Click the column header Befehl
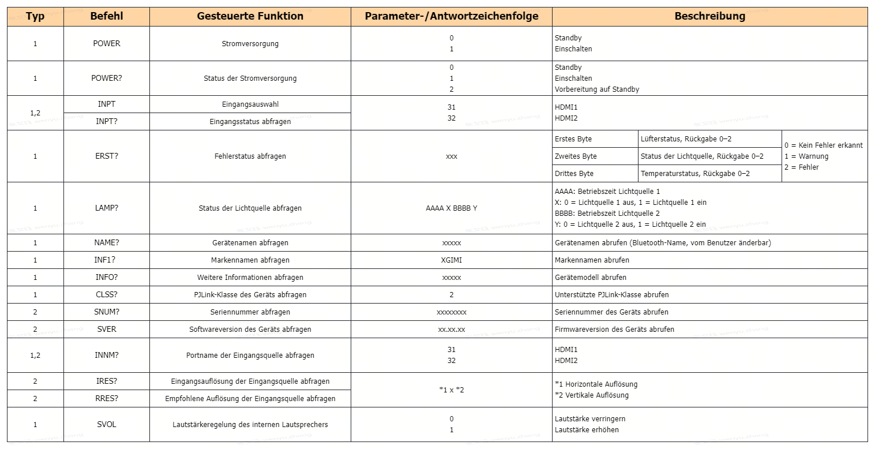click(106, 17)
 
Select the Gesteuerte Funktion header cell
click(250, 17)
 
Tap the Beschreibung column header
click(709, 17)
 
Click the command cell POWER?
click(107, 78)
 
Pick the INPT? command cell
click(107, 122)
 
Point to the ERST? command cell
click(107, 156)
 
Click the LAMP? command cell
click(107, 208)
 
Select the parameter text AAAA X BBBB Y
click(451, 208)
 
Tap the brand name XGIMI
click(451, 260)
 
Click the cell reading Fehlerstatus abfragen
click(250, 156)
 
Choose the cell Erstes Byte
click(573, 139)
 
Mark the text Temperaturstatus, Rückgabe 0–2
click(695, 174)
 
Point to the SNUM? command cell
click(107, 312)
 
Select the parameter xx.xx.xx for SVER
click(451, 330)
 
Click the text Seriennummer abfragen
click(250, 312)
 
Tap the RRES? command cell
click(107, 399)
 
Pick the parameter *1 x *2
click(451, 390)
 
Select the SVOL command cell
click(107, 425)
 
